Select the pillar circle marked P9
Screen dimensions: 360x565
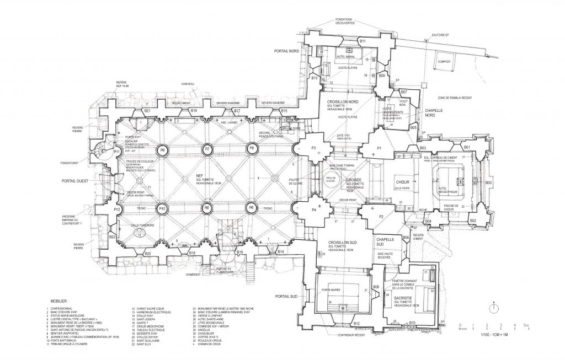162,149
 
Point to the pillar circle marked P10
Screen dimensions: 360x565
162,208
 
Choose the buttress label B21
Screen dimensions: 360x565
147,112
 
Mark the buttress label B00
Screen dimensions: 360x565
488,182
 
